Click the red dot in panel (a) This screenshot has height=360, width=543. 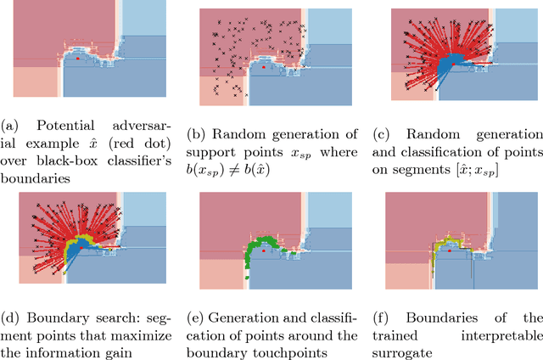coord(78,60)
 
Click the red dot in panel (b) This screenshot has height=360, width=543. coord(265,65)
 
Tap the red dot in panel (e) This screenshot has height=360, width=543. coord(265,253)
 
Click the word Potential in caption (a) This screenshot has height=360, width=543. coord(55,127)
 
